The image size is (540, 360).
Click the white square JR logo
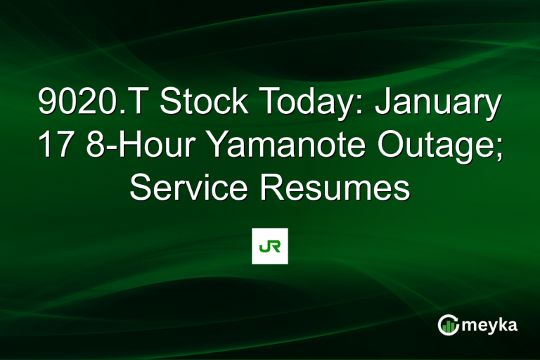pos(270,246)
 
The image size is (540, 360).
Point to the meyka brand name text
pos(491,325)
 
